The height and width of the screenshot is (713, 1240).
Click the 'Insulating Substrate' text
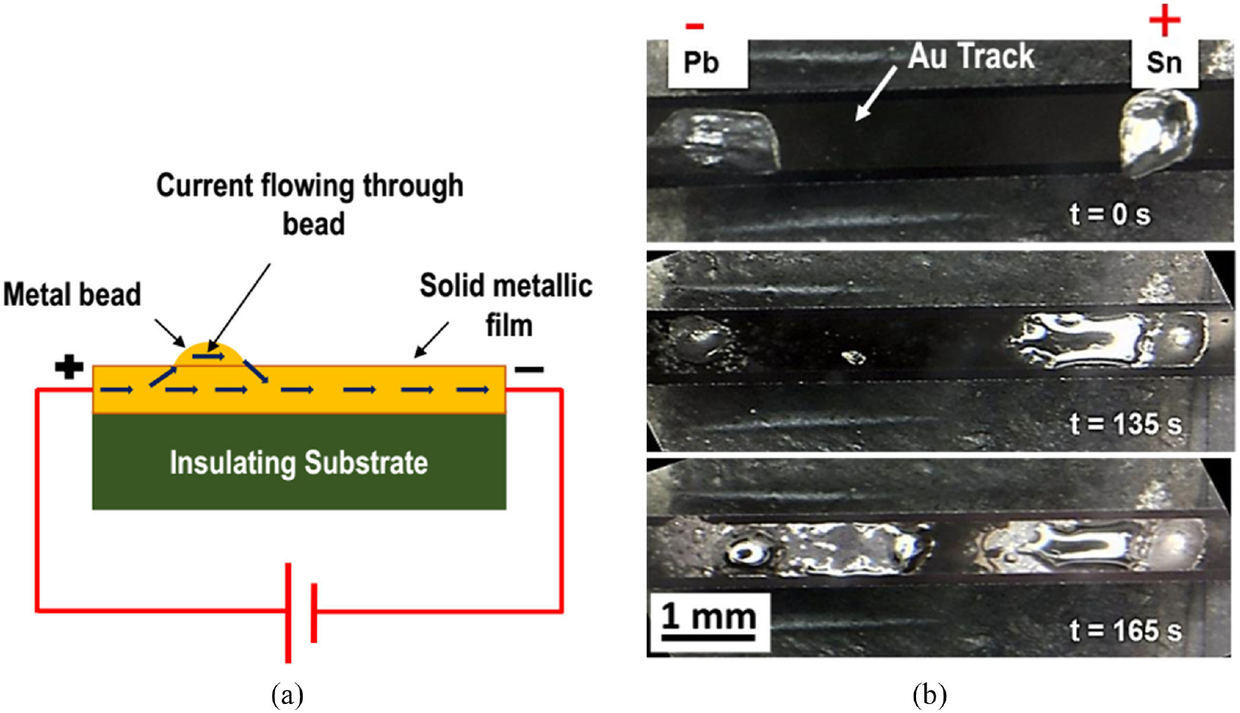pyautogui.click(x=298, y=463)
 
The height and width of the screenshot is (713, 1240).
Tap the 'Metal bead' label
pyautogui.click(x=72, y=294)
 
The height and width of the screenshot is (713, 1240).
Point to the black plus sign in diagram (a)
pyautogui.click(x=69, y=368)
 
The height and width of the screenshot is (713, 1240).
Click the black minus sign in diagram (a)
pyautogui.click(x=529, y=369)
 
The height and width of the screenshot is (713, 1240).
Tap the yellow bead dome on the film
pyautogui.click(x=208, y=355)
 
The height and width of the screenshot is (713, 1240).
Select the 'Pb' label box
pyautogui.click(x=702, y=62)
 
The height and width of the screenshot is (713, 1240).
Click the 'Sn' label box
pyautogui.click(x=1164, y=62)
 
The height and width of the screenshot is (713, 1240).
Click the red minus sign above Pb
pyautogui.click(x=695, y=27)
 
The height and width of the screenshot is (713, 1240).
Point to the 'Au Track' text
pyautogui.click(x=971, y=56)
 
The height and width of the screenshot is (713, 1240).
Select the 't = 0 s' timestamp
pyautogui.click(x=1110, y=214)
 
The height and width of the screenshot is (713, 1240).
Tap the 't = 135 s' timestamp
pyautogui.click(x=1125, y=424)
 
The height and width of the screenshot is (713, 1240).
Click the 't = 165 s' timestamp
pyautogui.click(x=1125, y=631)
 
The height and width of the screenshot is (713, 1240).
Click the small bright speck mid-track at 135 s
pyautogui.click(x=853, y=358)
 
